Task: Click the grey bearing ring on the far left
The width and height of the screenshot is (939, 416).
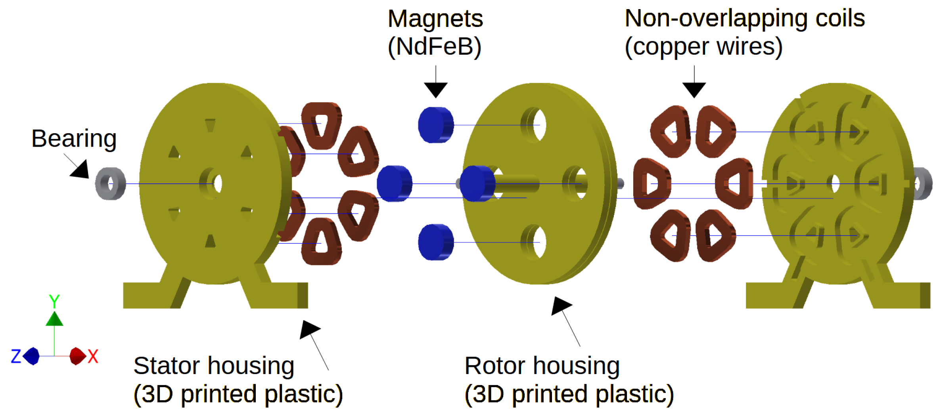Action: pos(110,183)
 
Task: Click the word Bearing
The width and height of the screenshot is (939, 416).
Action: pos(74,139)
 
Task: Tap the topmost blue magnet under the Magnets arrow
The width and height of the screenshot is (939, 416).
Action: pos(435,125)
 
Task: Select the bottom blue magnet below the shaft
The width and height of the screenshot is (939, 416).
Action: pos(435,242)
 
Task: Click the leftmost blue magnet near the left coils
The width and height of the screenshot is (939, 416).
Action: pos(394,183)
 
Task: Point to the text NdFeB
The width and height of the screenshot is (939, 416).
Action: pos(435,47)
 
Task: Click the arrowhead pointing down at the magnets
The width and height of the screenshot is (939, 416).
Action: pos(435,89)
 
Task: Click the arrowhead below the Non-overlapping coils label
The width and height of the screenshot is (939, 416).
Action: pos(694,89)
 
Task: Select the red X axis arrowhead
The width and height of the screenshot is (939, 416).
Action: pos(77,356)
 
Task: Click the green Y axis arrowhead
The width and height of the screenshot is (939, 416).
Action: pos(54,319)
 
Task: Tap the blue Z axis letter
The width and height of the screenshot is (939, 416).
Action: pos(16,356)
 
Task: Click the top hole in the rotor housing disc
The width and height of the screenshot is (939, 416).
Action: pos(538,124)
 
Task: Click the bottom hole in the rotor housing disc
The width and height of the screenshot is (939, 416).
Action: pos(538,242)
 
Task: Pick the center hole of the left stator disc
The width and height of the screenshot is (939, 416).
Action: pos(217,183)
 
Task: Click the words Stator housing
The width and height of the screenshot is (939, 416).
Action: pos(213,365)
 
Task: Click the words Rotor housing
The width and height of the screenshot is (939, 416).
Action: pos(542,365)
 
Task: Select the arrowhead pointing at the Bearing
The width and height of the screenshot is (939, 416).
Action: pos(80,170)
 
